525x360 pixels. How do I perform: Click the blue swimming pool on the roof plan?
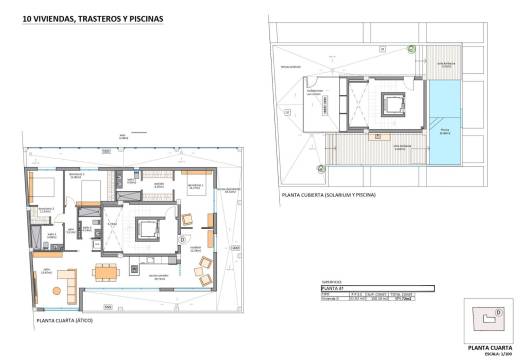(x=443, y=123)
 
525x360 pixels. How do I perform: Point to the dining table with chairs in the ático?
(x=104, y=270)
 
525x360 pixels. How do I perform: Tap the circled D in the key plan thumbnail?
(x=486, y=317)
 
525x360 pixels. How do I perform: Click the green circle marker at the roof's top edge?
(x=412, y=48)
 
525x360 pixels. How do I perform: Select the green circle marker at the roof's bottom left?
(x=320, y=167)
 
